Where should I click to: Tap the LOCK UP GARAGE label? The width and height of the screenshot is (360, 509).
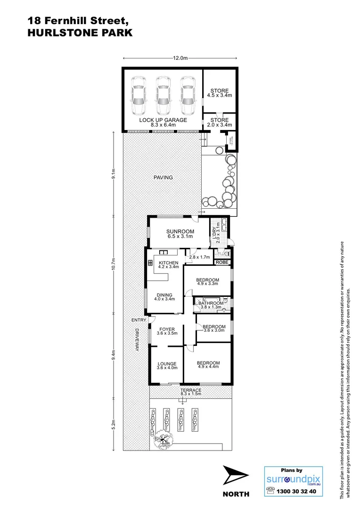click(x=163, y=120)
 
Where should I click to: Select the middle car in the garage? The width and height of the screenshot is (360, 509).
click(x=163, y=96)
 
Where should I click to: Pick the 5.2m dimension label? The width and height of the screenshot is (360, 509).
click(x=114, y=424)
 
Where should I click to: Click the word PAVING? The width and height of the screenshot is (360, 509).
click(x=163, y=178)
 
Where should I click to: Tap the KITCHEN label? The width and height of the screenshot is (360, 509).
click(x=168, y=263)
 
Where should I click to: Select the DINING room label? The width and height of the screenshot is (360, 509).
click(x=164, y=295)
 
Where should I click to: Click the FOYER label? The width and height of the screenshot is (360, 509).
click(x=167, y=329)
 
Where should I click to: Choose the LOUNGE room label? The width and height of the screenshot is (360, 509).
click(x=167, y=364)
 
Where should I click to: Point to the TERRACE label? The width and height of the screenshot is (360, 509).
click(x=191, y=391)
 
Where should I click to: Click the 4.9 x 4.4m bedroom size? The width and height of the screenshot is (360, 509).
click(x=208, y=368)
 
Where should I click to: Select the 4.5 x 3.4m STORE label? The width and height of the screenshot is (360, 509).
click(x=219, y=96)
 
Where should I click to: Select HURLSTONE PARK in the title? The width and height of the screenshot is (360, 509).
click(x=80, y=33)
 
